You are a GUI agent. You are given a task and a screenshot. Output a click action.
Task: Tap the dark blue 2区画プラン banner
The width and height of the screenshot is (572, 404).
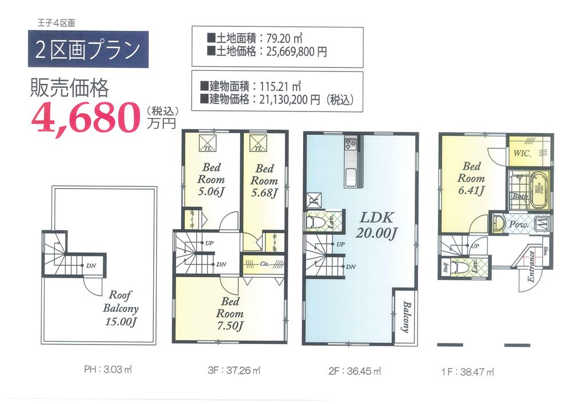[88, 50]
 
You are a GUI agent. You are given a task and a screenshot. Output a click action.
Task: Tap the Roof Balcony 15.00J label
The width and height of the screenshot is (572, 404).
[121, 309]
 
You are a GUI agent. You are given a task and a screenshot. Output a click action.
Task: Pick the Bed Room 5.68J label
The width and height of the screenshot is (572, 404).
[264, 180]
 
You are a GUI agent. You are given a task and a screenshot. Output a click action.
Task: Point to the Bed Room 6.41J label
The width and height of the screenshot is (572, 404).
[471, 178]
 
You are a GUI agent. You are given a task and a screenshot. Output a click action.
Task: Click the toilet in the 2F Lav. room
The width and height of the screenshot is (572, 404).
[316, 222]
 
